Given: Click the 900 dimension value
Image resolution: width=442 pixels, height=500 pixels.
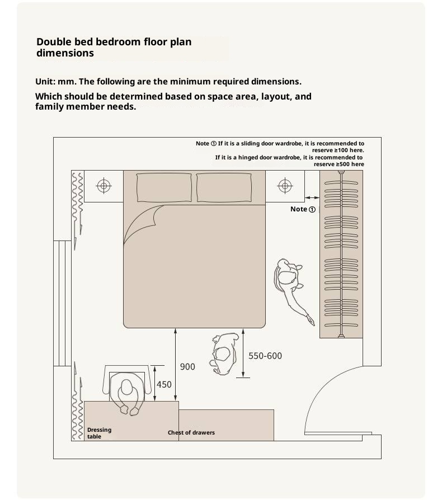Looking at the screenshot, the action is click(x=187, y=367).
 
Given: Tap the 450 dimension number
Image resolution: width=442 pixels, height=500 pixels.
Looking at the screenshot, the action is click(x=164, y=385).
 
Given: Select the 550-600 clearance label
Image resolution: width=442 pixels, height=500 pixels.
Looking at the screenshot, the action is click(x=265, y=356).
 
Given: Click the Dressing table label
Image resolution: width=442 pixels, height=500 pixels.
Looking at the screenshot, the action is click(x=99, y=433).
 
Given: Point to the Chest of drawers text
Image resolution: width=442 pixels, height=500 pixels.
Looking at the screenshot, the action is click(x=191, y=433).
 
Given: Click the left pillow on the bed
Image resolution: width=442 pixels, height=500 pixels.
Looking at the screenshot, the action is click(x=164, y=188).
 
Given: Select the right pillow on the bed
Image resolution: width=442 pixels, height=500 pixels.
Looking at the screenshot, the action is click(x=224, y=188).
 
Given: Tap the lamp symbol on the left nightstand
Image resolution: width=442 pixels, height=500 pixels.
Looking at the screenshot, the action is click(x=104, y=186).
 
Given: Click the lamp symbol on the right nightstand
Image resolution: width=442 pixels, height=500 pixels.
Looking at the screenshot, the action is click(x=285, y=186).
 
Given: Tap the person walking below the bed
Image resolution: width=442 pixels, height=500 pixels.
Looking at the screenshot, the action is click(x=224, y=353).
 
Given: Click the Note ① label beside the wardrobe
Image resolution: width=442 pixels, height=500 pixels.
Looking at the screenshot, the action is click(x=303, y=209).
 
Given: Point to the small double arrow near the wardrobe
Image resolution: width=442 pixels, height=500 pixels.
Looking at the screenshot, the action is click(x=312, y=197).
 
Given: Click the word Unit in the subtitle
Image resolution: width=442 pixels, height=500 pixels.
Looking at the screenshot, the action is click(x=44, y=82).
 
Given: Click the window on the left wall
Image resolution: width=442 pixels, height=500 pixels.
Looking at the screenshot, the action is click(x=62, y=303).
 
